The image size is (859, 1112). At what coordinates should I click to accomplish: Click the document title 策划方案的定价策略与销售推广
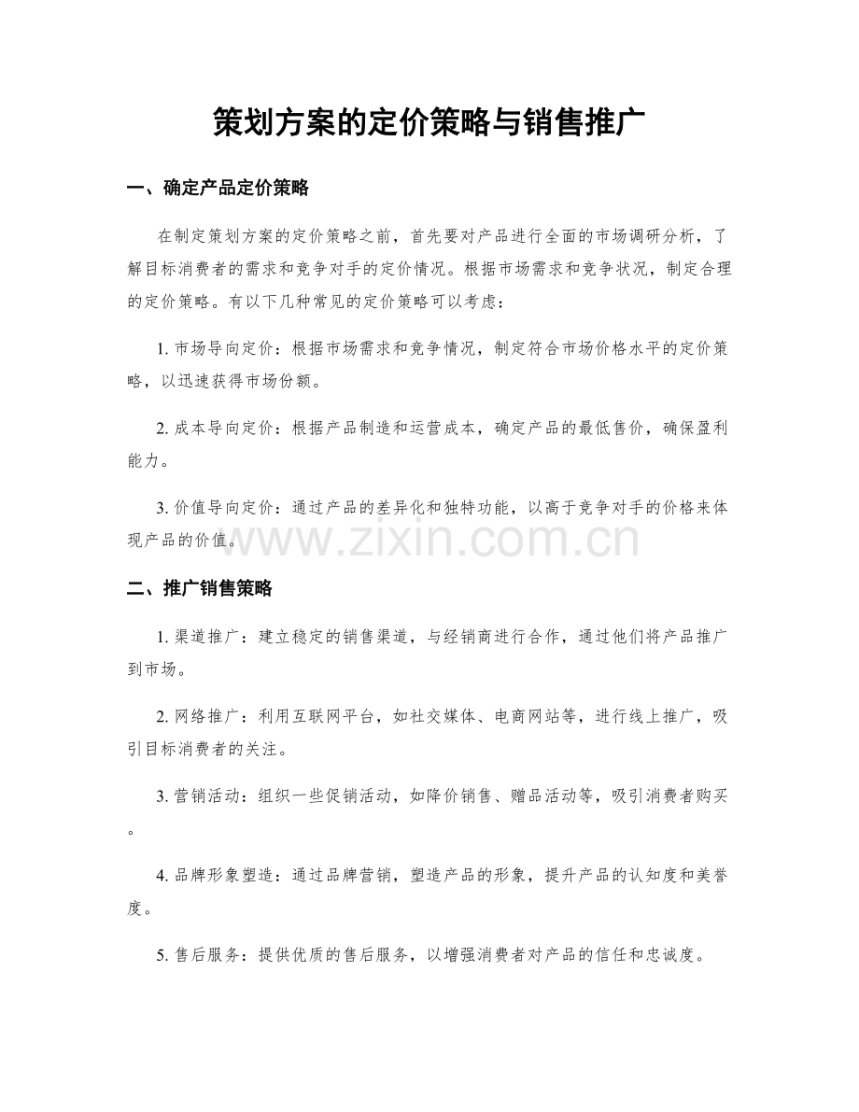point(429,122)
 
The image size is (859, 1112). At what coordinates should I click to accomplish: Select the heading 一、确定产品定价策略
point(217,189)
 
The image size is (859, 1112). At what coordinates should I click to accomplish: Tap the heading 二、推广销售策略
point(198,588)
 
